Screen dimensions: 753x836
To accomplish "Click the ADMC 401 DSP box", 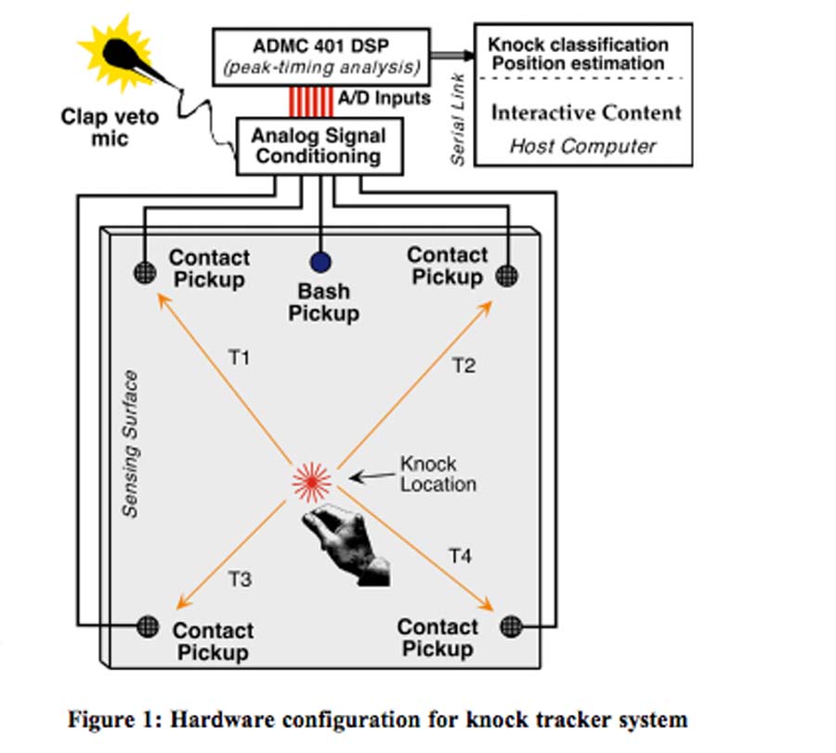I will (x=321, y=56).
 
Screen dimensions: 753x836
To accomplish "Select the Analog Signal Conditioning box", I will (x=318, y=145).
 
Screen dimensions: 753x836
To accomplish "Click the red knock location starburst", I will (x=312, y=481).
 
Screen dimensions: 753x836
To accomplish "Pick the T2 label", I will (x=464, y=365).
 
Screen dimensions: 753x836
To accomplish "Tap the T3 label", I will (x=240, y=578).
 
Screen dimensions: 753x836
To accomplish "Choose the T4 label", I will (x=461, y=556).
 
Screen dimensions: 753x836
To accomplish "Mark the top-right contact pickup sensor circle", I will (x=507, y=274).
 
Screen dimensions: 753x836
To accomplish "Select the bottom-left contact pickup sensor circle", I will (x=148, y=626).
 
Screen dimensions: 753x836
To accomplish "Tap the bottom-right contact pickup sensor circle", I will (x=509, y=626).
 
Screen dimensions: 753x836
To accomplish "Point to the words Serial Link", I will (x=457, y=121).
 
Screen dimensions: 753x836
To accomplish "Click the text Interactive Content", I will (x=585, y=112).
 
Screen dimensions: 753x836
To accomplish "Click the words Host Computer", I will (x=582, y=146).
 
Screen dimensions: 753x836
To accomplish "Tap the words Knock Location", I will (x=438, y=473).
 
